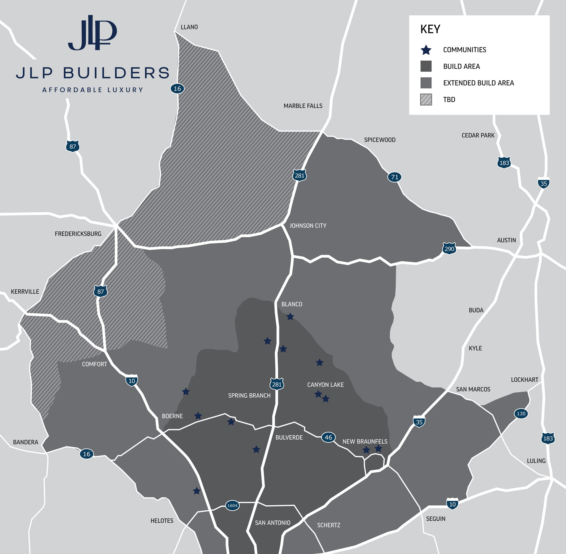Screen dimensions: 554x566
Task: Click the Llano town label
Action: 189,27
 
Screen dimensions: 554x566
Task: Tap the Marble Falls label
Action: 303,106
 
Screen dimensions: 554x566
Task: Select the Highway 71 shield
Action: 394,177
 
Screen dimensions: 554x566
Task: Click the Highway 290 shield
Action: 449,249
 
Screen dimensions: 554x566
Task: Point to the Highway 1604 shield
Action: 232,506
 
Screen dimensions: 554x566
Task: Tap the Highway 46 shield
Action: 328,437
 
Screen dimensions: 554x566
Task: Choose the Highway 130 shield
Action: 521,414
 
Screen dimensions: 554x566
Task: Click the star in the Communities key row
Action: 426,50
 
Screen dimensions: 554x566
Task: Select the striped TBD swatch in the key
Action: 426,99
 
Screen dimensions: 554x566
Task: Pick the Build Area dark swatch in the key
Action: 426,66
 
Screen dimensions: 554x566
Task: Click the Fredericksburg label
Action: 78,234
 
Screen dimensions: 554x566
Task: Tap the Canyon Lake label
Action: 325,385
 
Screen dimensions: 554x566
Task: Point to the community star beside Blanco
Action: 290,317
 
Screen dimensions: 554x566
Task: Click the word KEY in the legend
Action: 430,29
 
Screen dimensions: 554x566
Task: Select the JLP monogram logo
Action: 93,33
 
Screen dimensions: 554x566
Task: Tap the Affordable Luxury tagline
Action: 93,90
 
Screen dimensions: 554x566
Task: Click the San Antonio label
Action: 272,523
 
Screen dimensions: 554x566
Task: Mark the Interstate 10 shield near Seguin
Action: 452,504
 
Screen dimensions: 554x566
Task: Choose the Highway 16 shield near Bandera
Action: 86,454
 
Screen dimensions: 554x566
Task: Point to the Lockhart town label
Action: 524,380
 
